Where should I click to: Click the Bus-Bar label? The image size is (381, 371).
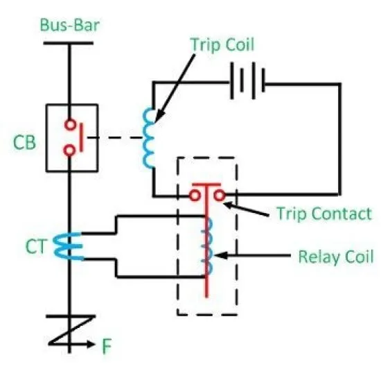pyautogui.click(x=70, y=25)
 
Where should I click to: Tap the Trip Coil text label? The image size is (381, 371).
pyautogui.click(x=222, y=45)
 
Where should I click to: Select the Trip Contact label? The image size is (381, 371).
pyautogui.click(x=324, y=214)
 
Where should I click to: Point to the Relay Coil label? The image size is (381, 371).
pyautogui.click(x=336, y=257)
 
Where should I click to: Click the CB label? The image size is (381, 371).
pyautogui.click(x=24, y=142)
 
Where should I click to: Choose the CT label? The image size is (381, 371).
pyautogui.click(x=36, y=246)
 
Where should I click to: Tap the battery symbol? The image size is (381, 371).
pyautogui.click(x=247, y=81)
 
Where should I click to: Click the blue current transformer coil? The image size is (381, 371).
pyautogui.click(x=68, y=246)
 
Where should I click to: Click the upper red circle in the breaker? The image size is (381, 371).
pyautogui.click(x=70, y=125)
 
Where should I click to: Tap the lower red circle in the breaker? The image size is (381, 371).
pyautogui.click(x=69, y=150)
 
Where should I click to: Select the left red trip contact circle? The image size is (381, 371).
pyautogui.click(x=195, y=195)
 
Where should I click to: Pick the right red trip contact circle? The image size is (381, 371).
pyautogui.click(x=220, y=195)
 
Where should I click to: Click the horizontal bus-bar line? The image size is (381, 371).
pyautogui.click(x=69, y=43)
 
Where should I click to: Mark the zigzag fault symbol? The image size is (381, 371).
pyautogui.click(x=71, y=330)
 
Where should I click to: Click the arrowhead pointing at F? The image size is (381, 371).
pyautogui.click(x=91, y=344)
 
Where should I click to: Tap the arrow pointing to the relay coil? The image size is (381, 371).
pyautogui.click(x=252, y=255)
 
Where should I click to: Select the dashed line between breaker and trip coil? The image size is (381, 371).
pyautogui.click(x=115, y=138)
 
